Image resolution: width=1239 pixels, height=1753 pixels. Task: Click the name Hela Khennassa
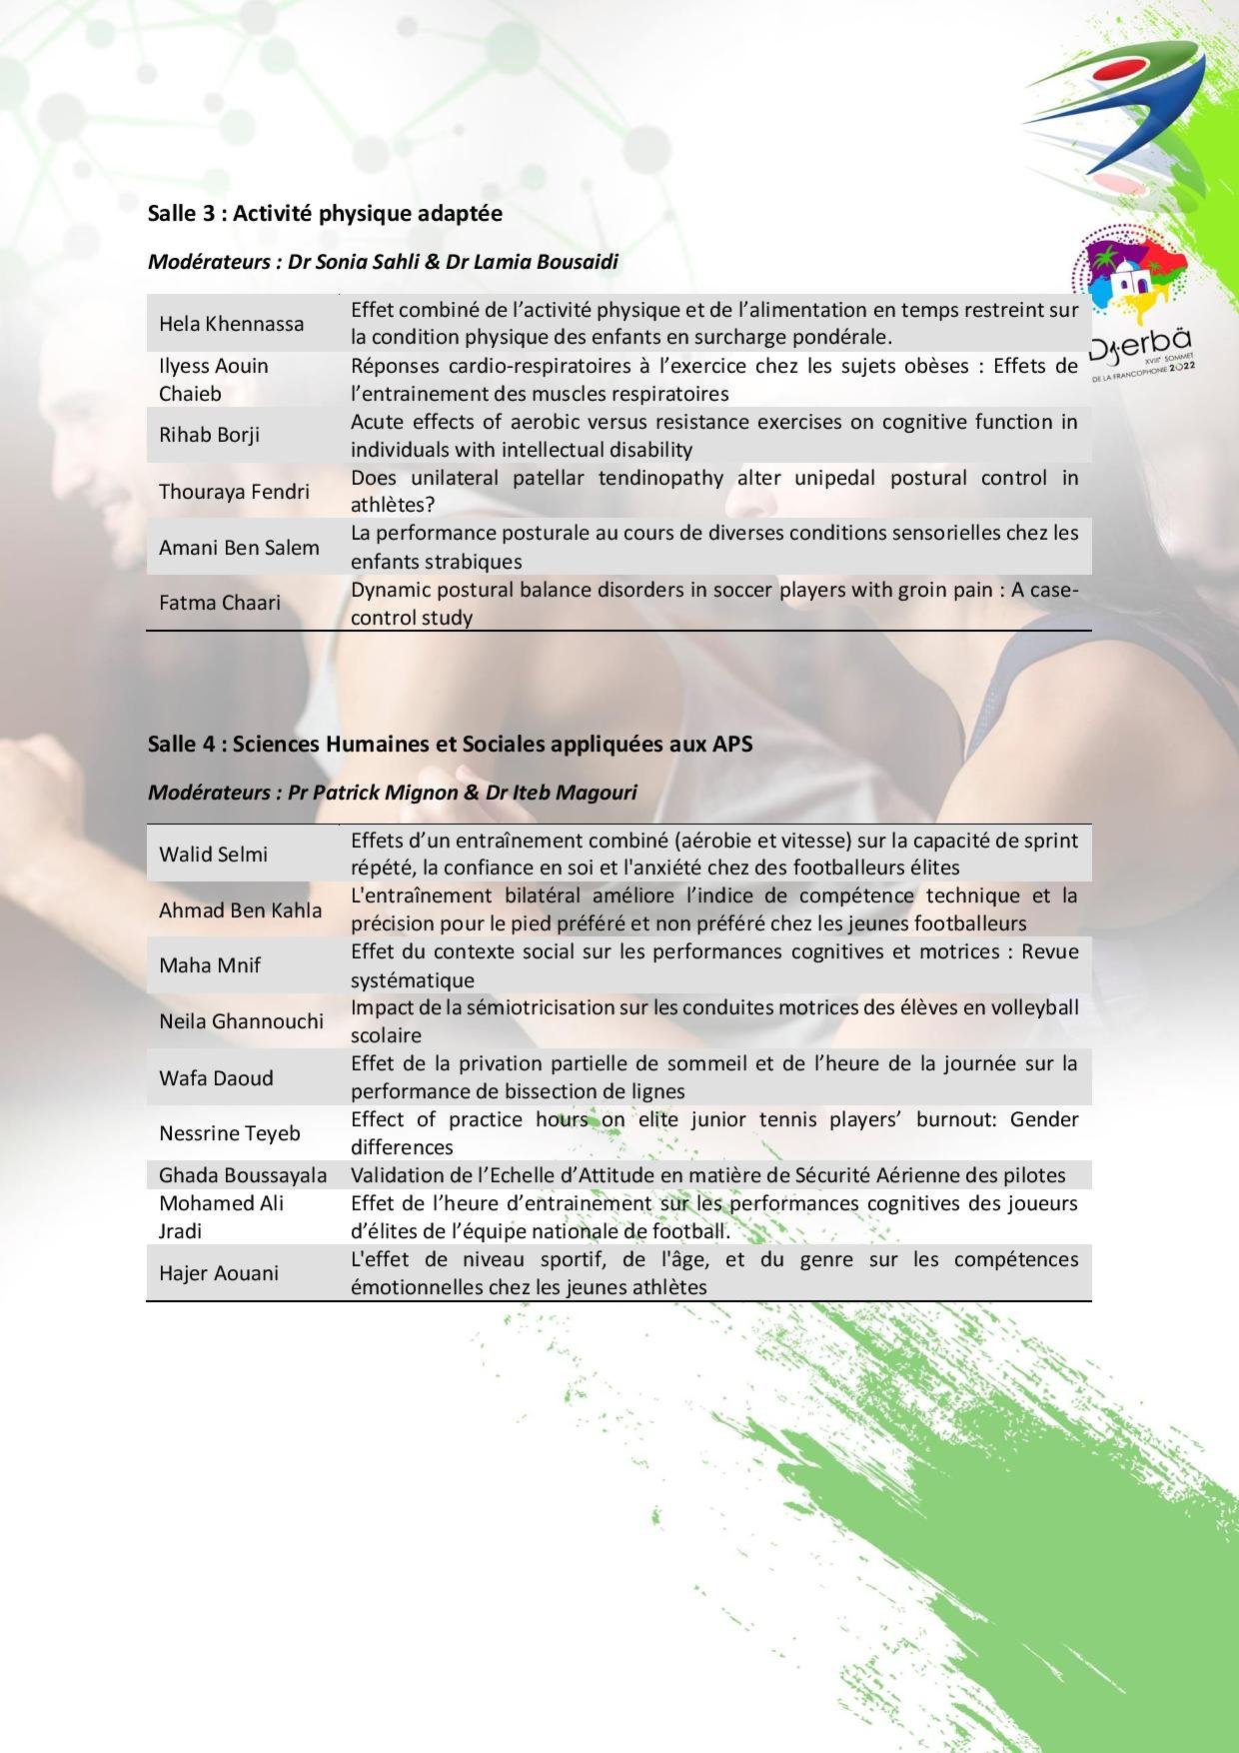click(x=231, y=324)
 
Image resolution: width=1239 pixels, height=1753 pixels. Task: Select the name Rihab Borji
click(x=209, y=435)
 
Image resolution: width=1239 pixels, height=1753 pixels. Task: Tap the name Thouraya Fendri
click(x=234, y=492)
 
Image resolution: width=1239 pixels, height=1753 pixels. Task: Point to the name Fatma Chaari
click(x=219, y=603)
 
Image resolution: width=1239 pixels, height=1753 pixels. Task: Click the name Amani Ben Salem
click(x=239, y=548)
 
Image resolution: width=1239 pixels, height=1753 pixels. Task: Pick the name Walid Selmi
click(x=213, y=855)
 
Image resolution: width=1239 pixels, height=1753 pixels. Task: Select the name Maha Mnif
click(x=209, y=965)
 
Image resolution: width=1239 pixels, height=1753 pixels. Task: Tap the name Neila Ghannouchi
click(x=241, y=1021)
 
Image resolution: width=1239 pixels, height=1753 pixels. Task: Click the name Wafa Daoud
click(x=216, y=1078)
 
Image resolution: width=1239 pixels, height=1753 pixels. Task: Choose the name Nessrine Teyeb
click(x=229, y=1133)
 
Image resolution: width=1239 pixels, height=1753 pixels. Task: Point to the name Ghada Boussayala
click(x=243, y=1175)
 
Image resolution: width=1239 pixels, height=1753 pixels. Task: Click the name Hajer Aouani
click(x=219, y=1273)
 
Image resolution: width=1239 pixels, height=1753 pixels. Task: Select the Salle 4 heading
click(x=450, y=744)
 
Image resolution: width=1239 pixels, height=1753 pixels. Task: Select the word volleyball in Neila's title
click(x=1034, y=1007)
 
